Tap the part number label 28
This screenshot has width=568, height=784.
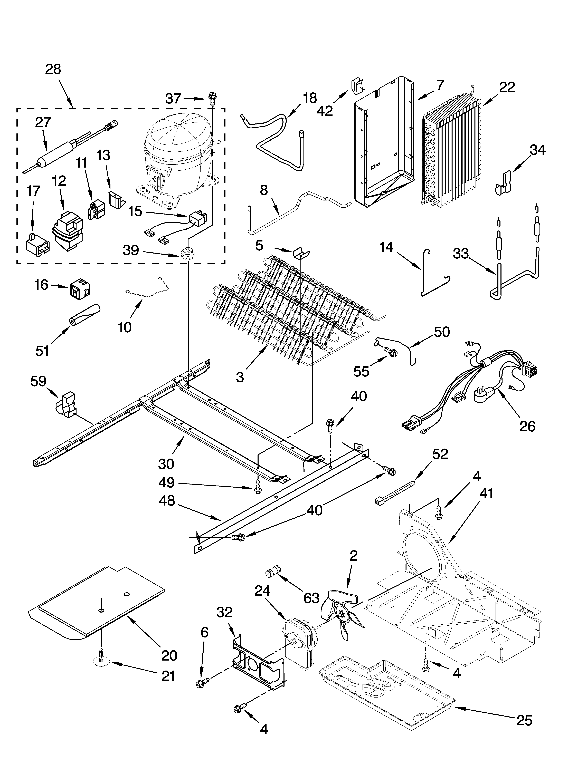[x=53, y=70]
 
